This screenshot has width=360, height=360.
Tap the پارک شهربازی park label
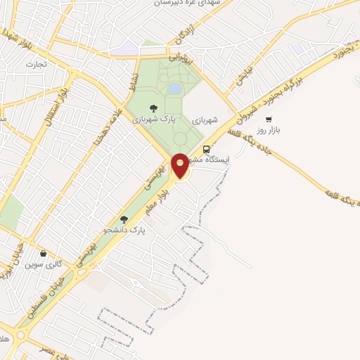pyautogui.click(x=154, y=119)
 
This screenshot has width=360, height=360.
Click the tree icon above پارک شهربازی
pyautogui.click(x=154, y=108)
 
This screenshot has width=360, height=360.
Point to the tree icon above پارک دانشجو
pyautogui.click(x=124, y=219)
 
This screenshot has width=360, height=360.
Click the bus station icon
pyautogui.click(x=206, y=149)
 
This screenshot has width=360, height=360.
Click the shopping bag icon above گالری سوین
pyautogui.click(x=44, y=253)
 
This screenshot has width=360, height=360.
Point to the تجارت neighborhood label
pyautogui.click(x=35, y=65)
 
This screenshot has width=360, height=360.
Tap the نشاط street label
pyautogui.click(x=131, y=84)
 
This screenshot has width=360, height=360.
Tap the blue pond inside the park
pyautogui.click(x=174, y=89)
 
